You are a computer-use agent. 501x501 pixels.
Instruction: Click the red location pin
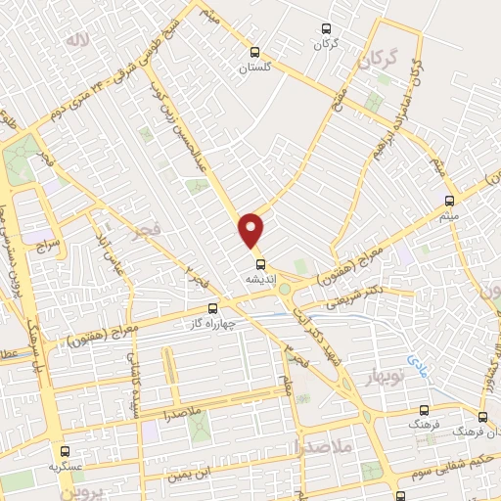point(252,228)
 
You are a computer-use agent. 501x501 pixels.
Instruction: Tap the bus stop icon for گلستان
point(255,54)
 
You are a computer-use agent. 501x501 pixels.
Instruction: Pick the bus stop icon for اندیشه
point(260,262)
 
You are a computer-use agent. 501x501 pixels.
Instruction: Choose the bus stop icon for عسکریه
point(66,451)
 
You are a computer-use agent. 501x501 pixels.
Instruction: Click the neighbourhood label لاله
point(74,39)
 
